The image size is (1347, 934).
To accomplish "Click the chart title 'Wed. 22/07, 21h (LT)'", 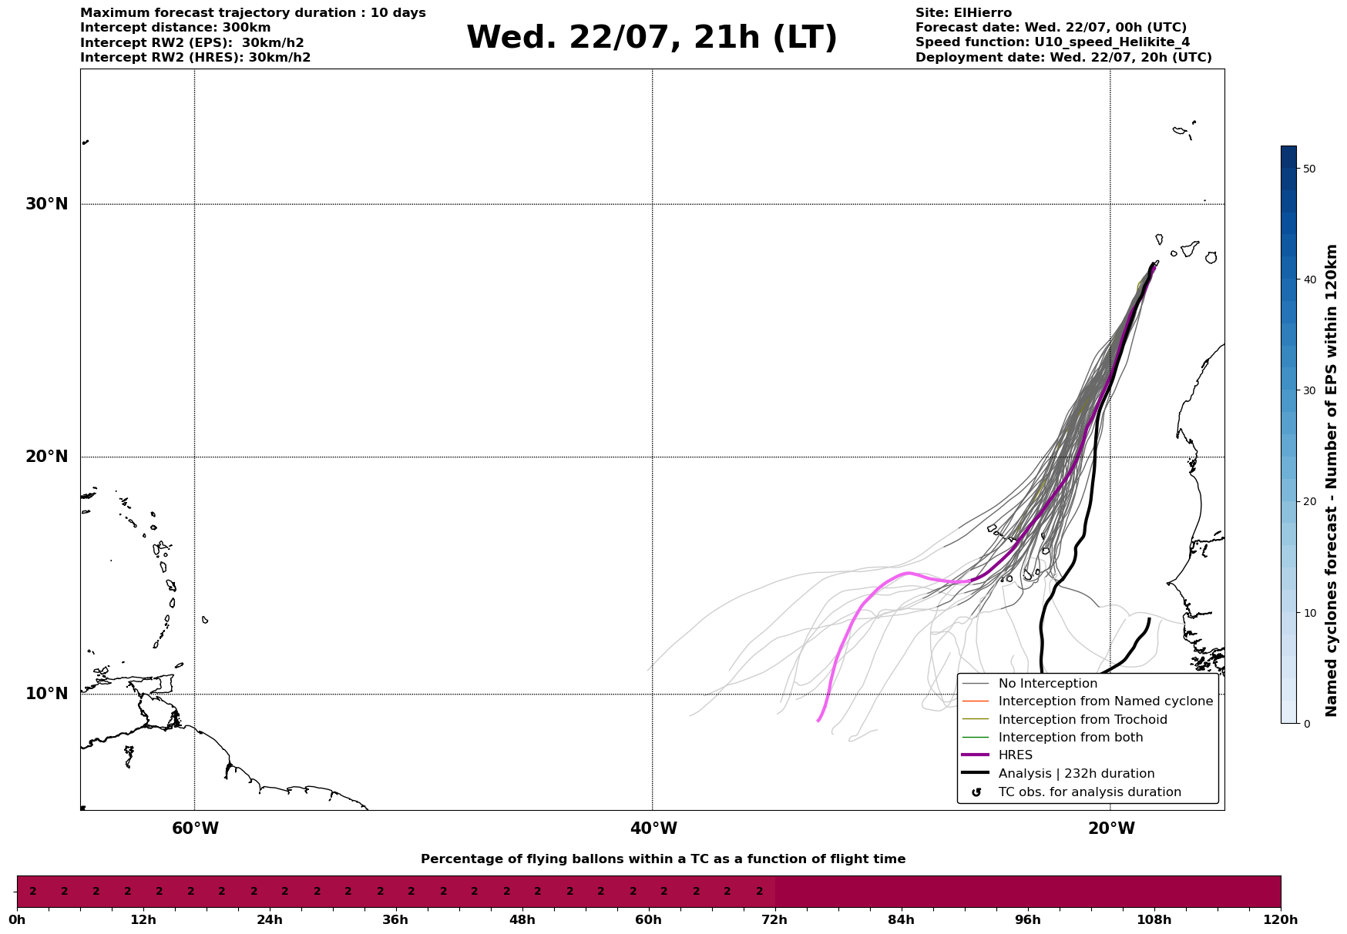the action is [x=651, y=38].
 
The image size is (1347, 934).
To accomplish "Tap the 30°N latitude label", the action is [x=47, y=204].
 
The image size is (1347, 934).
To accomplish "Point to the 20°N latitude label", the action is [x=47, y=457].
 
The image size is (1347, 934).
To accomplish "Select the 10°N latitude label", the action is [x=47, y=694].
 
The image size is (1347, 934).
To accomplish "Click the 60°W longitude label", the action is [x=195, y=829].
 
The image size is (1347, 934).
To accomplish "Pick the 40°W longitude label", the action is [x=653, y=829].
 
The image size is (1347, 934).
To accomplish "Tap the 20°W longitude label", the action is [x=1111, y=829].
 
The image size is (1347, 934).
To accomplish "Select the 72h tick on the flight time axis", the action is [x=774, y=919].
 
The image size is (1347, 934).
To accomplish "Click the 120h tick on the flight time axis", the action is [x=1281, y=919].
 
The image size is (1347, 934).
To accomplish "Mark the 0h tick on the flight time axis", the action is [x=17, y=919].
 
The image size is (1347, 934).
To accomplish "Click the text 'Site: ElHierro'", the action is [x=963, y=13].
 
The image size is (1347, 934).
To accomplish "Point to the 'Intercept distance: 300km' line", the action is [x=176, y=28].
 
